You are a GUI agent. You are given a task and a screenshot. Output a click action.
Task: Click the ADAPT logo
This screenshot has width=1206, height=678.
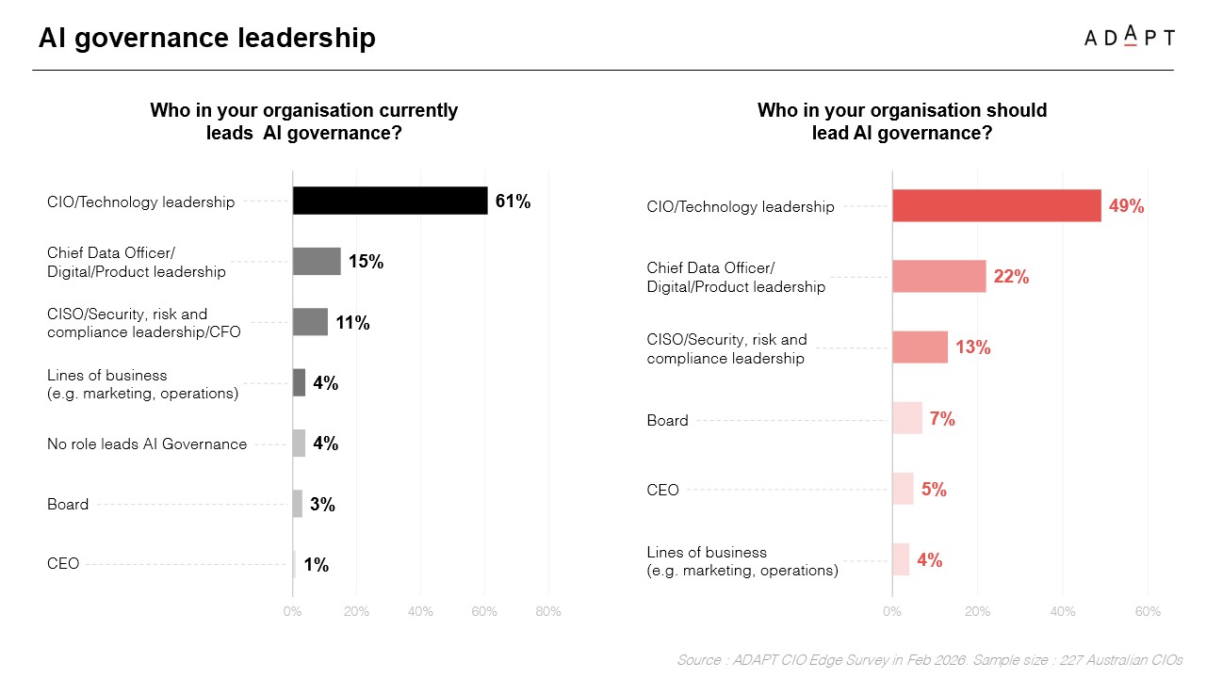[1129, 37]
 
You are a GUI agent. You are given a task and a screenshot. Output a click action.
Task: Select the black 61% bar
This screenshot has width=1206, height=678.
[390, 201]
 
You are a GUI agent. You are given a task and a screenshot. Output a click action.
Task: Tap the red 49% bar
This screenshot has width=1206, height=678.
[997, 205]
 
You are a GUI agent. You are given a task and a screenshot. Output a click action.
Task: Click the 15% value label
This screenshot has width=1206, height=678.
[366, 262]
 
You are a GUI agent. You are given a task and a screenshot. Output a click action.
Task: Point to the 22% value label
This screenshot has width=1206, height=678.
[1011, 277]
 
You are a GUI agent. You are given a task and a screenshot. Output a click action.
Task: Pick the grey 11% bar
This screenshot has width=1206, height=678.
[310, 322]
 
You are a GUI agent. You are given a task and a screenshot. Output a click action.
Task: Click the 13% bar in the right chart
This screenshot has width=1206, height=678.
[921, 347]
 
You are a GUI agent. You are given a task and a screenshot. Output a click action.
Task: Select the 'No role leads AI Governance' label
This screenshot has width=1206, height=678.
[147, 444]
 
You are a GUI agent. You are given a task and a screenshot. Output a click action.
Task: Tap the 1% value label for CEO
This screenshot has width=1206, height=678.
[316, 565]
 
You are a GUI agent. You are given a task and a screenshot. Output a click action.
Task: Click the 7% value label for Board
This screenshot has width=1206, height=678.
[942, 419]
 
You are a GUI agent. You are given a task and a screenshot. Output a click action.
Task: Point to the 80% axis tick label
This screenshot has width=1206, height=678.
[547, 612]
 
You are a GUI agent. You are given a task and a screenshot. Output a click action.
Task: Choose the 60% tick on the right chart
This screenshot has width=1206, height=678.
[1148, 612]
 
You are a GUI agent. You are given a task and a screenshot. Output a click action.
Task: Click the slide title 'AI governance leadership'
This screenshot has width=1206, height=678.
[207, 38]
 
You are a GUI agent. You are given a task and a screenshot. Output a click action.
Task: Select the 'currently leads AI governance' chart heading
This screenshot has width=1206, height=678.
[304, 121]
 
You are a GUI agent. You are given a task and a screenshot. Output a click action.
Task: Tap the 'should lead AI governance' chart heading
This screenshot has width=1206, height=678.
[902, 121]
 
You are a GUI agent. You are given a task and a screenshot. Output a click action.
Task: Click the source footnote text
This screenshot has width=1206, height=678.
[929, 660]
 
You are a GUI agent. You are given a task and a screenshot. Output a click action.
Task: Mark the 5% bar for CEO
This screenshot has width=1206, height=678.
[903, 490]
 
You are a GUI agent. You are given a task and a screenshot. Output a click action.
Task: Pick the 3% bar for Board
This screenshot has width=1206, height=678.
[298, 504]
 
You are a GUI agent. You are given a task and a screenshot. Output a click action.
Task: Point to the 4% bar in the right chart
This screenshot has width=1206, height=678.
[901, 560]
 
